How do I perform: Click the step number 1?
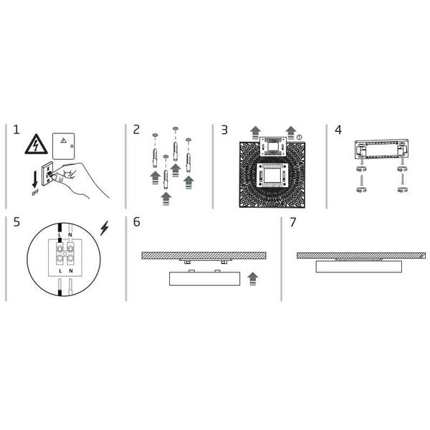click(x=16, y=130)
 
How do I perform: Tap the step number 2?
click(x=136, y=130)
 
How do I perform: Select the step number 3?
click(x=224, y=130)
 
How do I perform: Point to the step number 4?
click(x=338, y=130)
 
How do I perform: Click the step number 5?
click(x=16, y=222)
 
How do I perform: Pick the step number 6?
click(x=137, y=222)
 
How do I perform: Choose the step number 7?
click(x=293, y=222)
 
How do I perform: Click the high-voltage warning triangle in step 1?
click(x=37, y=145)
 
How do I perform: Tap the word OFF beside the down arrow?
click(x=35, y=192)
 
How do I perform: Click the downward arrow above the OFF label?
click(x=35, y=180)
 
